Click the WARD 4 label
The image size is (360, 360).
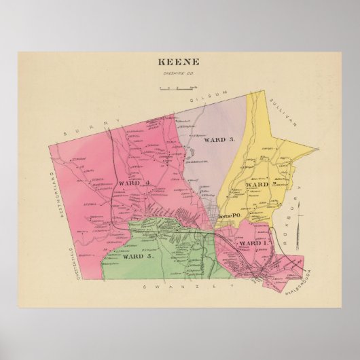tap(133, 183)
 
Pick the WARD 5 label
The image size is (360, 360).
tap(139, 257)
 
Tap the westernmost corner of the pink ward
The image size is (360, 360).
tap(48, 144)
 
